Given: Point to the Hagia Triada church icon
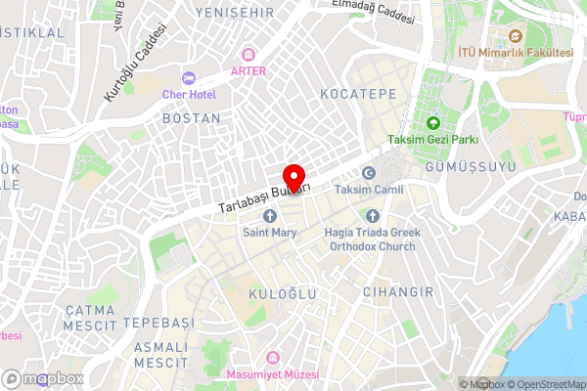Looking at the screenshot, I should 371,216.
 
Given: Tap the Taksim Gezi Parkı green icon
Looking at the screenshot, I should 433,123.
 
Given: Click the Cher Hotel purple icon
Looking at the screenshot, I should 189,77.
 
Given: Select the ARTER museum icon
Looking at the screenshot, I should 249,54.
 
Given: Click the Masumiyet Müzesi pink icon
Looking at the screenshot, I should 273,359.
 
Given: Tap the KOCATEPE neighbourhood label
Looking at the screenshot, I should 357,94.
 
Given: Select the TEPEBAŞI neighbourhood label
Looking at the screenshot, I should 158,323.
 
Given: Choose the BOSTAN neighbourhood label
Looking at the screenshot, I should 190,117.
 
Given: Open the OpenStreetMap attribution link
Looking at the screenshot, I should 544,383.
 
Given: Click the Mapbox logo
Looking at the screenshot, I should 42,378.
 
